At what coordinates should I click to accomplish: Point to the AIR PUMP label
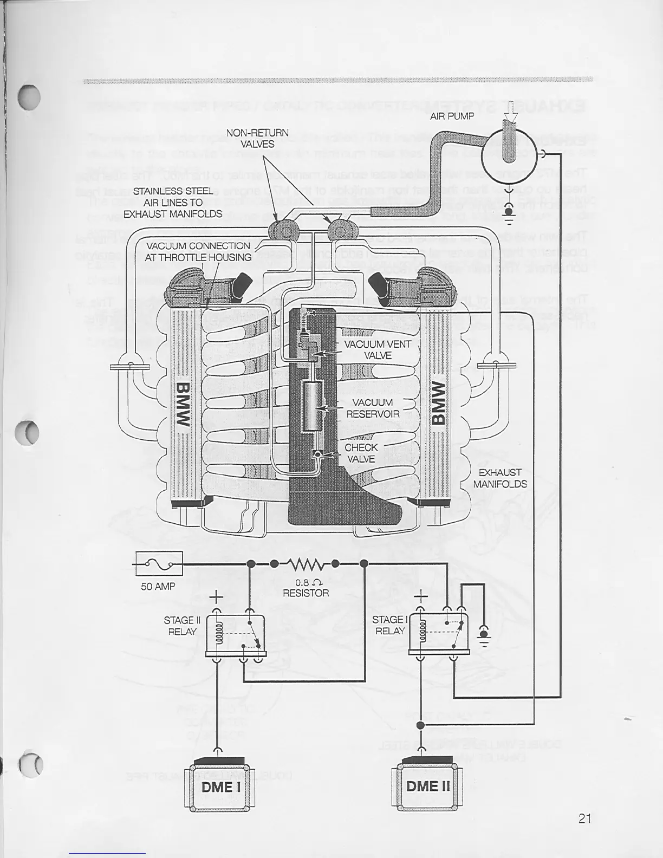coord(452,116)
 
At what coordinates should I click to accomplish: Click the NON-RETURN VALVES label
coord(257,138)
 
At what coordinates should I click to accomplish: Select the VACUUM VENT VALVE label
coord(377,350)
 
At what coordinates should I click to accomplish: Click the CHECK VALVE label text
coord(361,453)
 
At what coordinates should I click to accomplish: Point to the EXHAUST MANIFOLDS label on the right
coord(499,478)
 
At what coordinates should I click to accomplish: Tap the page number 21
coord(584,818)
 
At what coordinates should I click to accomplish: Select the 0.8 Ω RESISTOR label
coord(305,588)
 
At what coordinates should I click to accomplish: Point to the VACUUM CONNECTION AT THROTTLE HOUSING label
coord(198,251)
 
